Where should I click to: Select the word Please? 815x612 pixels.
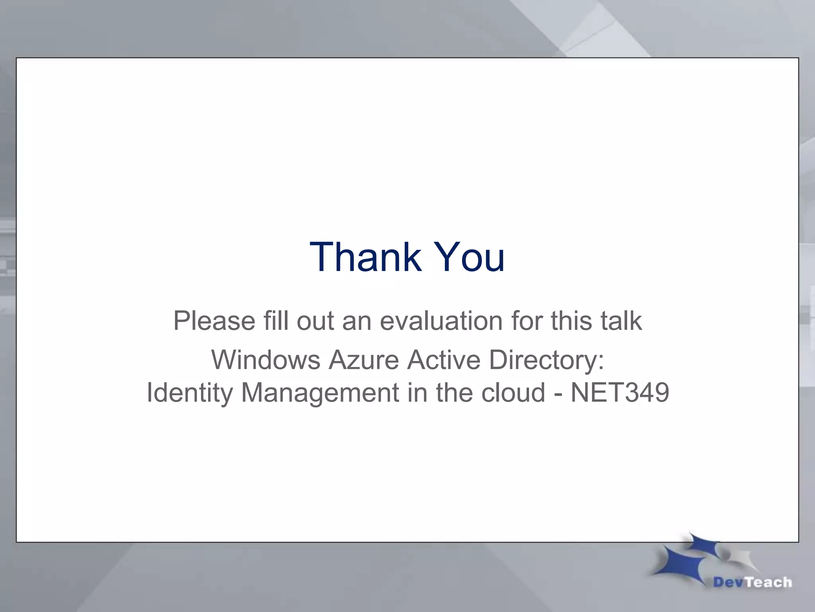(x=214, y=321)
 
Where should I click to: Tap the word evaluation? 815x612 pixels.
(x=441, y=321)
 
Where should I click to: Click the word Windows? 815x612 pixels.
(x=265, y=359)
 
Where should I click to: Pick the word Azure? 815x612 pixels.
(x=363, y=359)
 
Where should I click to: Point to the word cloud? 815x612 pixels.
(x=513, y=392)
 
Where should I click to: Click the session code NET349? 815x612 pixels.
(x=620, y=392)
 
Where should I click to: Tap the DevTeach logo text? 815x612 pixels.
(x=753, y=583)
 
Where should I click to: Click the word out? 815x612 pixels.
(x=315, y=321)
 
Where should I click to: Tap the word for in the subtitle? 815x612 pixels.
(x=526, y=321)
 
